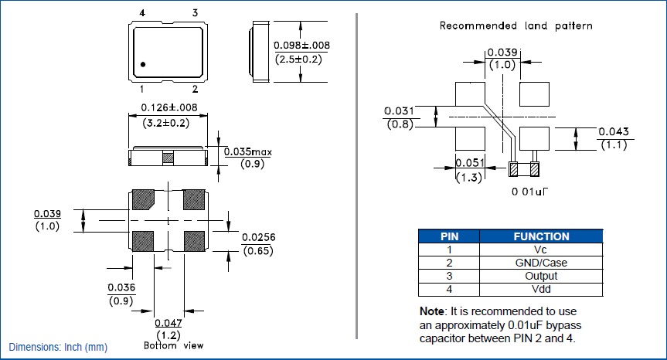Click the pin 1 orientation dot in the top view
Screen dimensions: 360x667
pyautogui.click(x=144, y=63)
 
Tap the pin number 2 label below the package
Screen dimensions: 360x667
pyautogui.click(x=195, y=90)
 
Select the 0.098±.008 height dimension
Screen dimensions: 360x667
pyautogui.click(x=302, y=46)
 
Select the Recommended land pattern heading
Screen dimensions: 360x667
pyautogui.click(x=516, y=25)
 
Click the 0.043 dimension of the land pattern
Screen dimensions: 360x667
pyautogui.click(x=613, y=131)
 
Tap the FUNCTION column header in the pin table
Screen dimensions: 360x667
pyautogui.click(x=541, y=236)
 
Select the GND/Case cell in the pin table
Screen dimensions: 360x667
pyautogui.click(x=541, y=263)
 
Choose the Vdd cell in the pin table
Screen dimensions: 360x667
pyautogui.click(x=541, y=289)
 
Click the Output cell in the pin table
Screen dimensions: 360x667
pyautogui.click(x=541, y=276)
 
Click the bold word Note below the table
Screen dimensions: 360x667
pyautogui.click(x=432, y=311)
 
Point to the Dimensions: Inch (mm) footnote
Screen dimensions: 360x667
pyautogui.click(x=58, y=348)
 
